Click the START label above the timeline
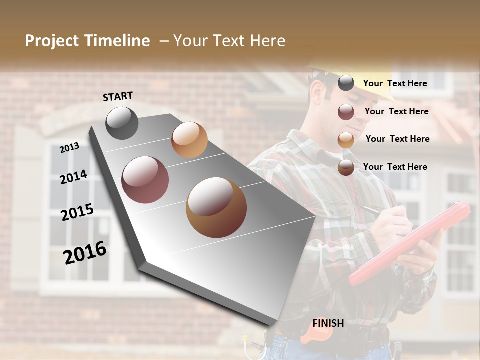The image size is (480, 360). point(118,96)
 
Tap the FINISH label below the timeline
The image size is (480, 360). point(328,323)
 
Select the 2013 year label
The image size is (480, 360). point(70,147)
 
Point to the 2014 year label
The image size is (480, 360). point(73,177)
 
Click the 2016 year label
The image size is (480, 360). point(85,252)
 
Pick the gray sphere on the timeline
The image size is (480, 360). point(122,123)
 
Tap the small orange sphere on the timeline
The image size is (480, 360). point(189,140)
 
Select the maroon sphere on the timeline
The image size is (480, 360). point(145,180)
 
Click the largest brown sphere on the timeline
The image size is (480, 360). point(216,207)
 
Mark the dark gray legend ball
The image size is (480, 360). point(346,83)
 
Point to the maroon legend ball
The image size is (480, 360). point(346,112)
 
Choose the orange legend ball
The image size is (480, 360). point(346,140)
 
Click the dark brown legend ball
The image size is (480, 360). point(346,168)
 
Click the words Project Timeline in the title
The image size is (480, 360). point(87,41)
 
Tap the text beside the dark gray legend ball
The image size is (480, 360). point(395,83)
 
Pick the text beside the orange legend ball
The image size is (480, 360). point(397,139)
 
